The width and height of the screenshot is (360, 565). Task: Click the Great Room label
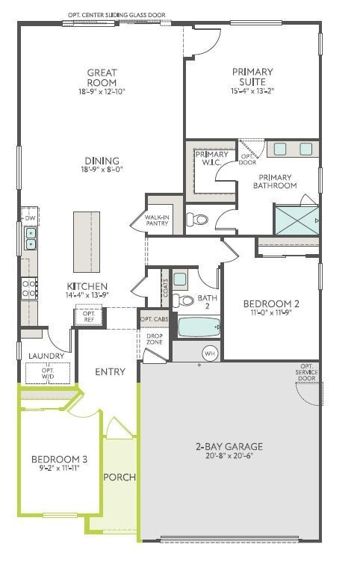click(102, 77)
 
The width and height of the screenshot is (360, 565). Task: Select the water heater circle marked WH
click(209, 353)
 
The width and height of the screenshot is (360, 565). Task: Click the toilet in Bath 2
click(184, 300)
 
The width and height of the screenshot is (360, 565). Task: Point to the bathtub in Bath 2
click(196, 327)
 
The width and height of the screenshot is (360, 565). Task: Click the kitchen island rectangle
click(86, 242)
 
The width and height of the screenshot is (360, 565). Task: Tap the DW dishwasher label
click(30, 218)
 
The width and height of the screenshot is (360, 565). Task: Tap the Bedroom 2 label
click(271, 303)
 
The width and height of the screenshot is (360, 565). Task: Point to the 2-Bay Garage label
click(229, 447)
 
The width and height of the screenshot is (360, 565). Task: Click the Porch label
click(119, 477)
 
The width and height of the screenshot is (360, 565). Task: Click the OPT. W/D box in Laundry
click(48, 372)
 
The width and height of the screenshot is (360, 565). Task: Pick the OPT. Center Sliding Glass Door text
click(117, 14)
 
